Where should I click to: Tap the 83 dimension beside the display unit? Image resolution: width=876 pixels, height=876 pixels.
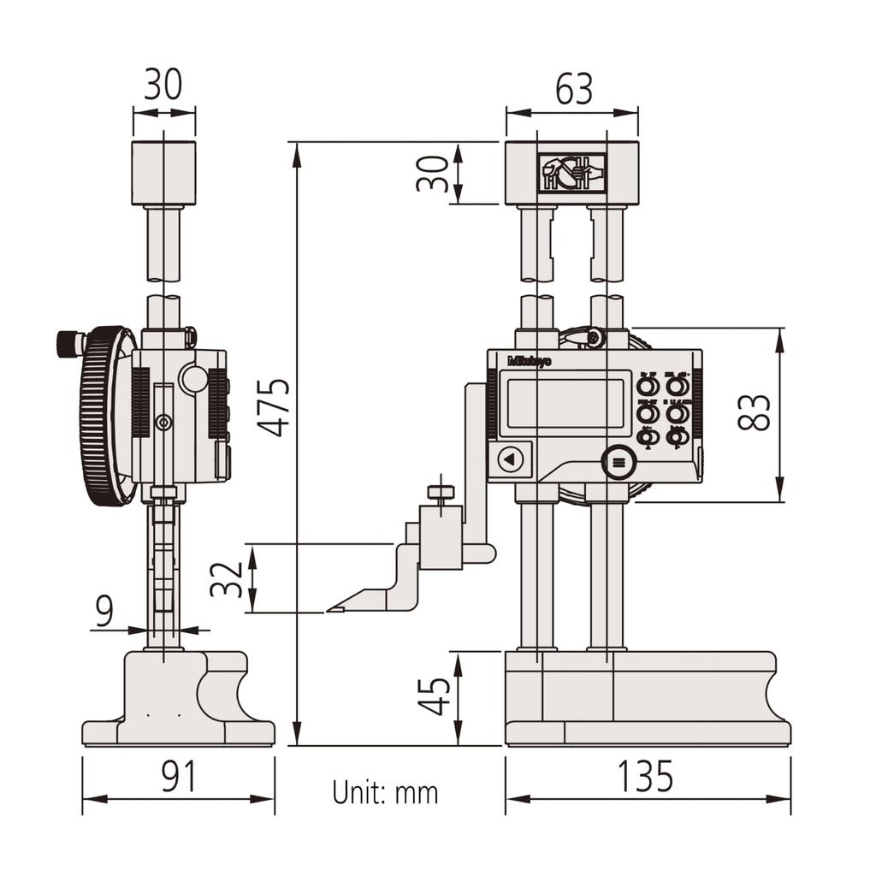coord(757,412)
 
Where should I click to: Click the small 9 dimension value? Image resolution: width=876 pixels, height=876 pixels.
coord(104,612)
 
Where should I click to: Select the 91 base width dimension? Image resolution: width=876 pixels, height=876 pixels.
coord(179,776)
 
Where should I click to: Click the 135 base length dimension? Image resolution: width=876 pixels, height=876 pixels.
coord(646,776)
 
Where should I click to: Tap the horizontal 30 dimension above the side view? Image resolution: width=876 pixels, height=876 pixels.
coord(163,86)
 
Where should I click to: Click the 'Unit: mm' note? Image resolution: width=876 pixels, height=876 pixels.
coord(385,793)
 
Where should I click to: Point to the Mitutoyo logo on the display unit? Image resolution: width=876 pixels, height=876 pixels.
coord(530,361)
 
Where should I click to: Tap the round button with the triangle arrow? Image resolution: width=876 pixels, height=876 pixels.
coord(510,459)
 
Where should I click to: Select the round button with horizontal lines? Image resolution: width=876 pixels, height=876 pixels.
coord(619,463)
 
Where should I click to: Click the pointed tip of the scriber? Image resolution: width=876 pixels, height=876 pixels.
coord(328,610)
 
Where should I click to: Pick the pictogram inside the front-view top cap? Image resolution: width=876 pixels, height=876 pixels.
coord(571,174)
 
